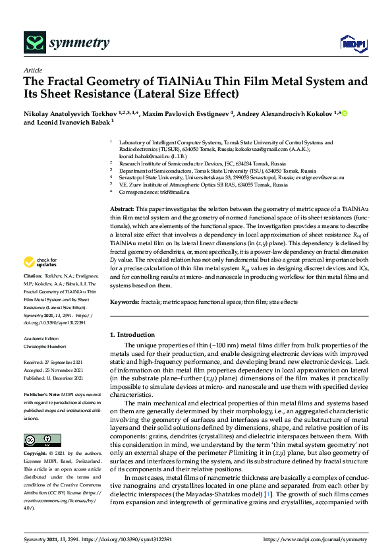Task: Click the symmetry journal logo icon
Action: (x=34, y=43)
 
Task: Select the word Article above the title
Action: (x=32, y=70)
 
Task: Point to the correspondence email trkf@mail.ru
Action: (x=173, y=192)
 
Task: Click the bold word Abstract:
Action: (x=123, y=208)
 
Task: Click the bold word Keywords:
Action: (x=125, y=302)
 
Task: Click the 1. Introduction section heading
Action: (x=134, y=336)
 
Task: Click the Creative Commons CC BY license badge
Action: (x=42, y=440)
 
